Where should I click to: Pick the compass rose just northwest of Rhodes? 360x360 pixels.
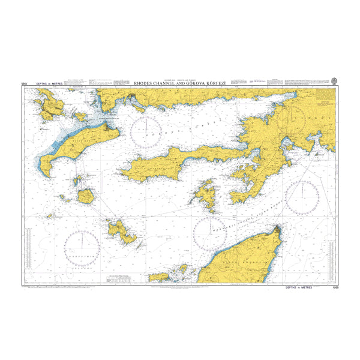(x=210, y=231)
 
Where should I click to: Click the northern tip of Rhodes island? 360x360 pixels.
(x=278, y=228)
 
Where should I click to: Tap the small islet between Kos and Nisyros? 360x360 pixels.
(x=77, y=180)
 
